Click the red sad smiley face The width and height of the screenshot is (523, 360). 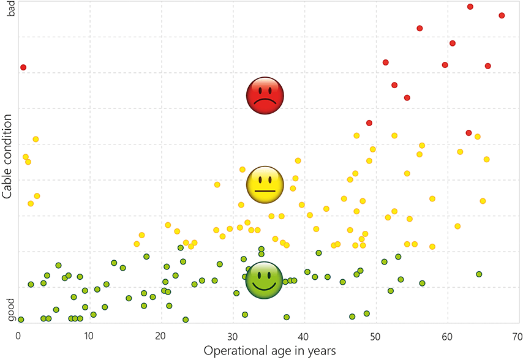(x=265, y=96)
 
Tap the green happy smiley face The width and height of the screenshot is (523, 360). (x=264, y=280)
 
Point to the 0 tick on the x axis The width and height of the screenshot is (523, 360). (x=18, y=336)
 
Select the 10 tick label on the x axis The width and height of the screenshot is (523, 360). (x=89, y=336)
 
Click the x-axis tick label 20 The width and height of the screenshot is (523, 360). (x=160, y=336)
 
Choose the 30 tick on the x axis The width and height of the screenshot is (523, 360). (x=232, y=336)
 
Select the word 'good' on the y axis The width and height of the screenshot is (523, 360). (x=10, y=309)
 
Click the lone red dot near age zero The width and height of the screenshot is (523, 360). (x=23, y=67)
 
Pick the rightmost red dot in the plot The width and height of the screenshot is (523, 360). (x=502, y=15)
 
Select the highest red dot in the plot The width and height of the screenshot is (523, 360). (x=470, y=7)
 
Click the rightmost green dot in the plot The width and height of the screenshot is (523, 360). (x=479, y=274)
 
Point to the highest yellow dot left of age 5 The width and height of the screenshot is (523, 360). (x=36, y=140)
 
